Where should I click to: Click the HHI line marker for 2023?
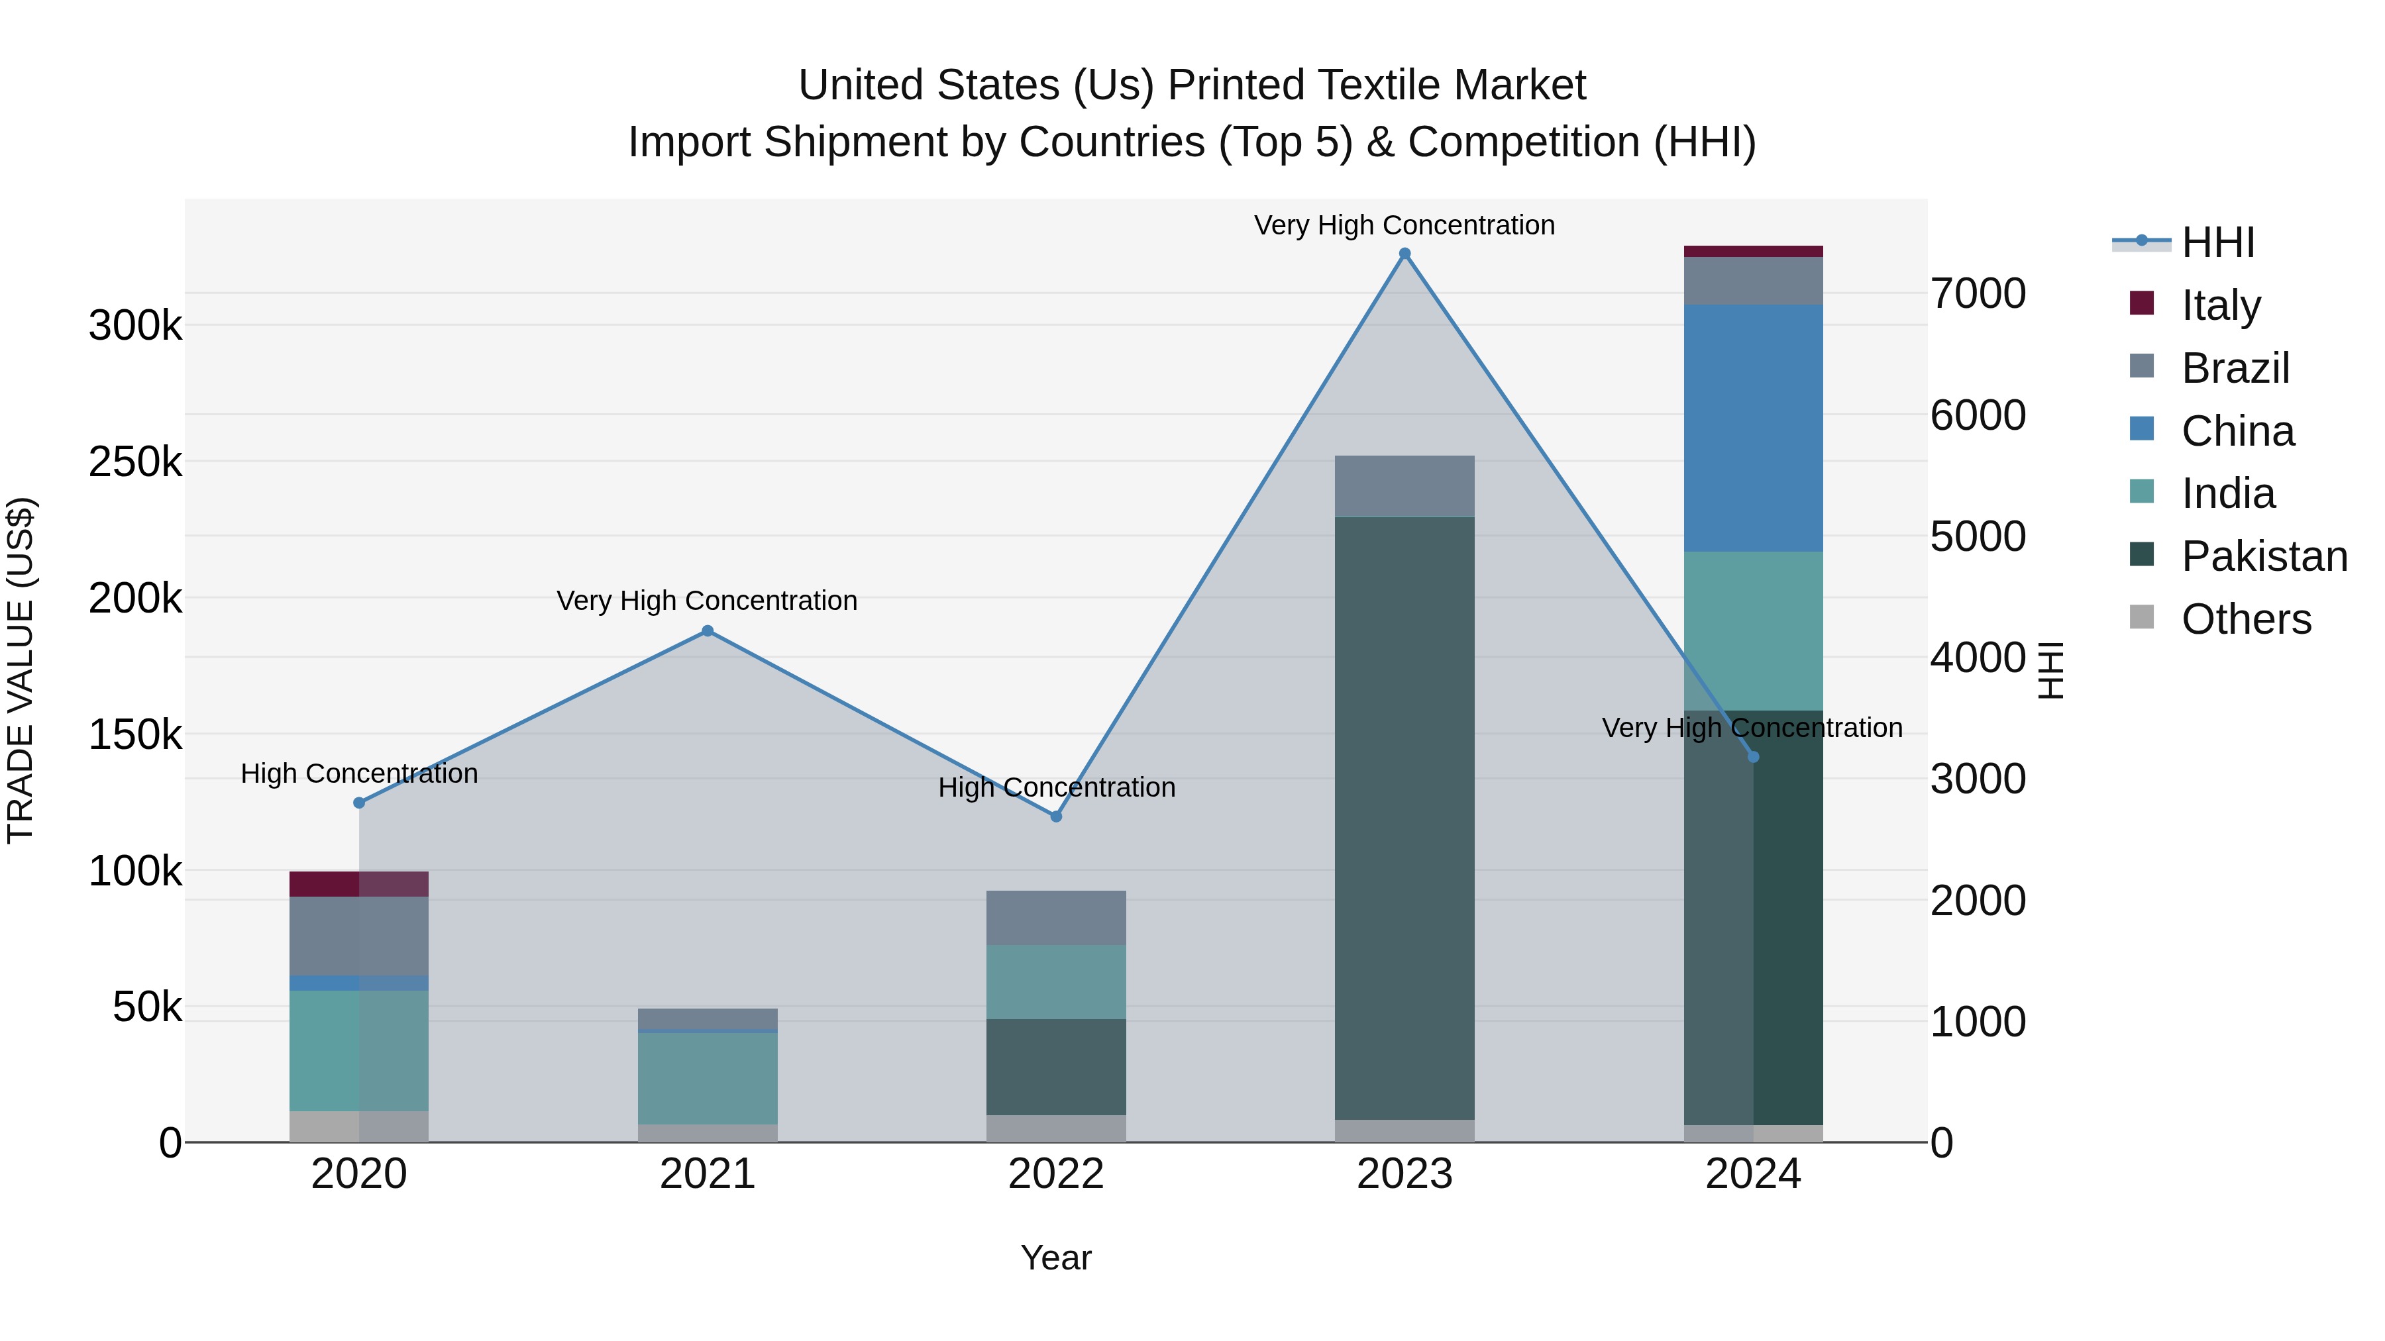click(1404, 254)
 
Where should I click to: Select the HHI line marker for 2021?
click(708, 631)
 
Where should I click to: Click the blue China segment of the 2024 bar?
click(1752, 428)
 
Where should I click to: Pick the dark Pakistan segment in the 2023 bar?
click(1404, 815)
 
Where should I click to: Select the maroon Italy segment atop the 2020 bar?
click(358, 884)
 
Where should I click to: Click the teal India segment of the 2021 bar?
click(708, 1078)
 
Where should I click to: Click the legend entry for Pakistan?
click(2263, 556)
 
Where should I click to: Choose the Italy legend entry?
click(2220, 305)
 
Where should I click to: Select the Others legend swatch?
click(2141, 617)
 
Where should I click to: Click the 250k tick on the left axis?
click(135, 462)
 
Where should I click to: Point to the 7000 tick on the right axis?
click(1978, 294)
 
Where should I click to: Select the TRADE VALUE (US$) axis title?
click(21, 670)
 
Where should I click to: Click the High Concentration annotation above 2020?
click(359, 773)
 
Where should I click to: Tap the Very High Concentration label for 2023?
click(1404, 225)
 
